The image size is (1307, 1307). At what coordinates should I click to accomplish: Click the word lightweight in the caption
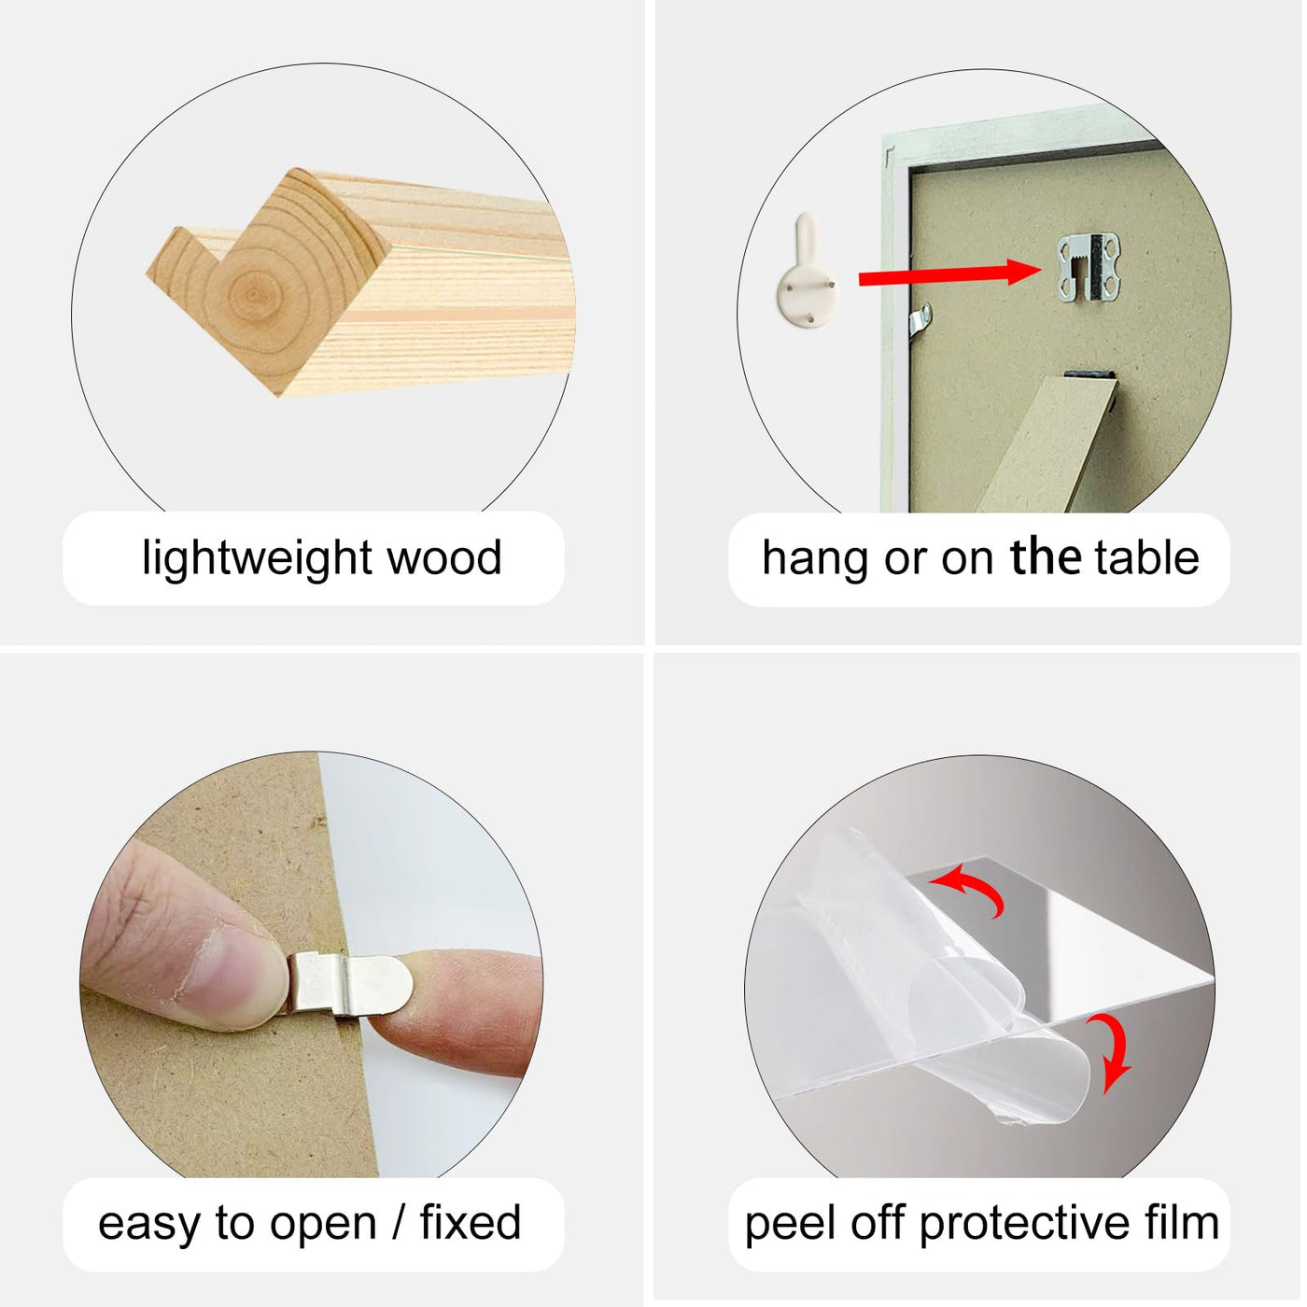coord(256,560)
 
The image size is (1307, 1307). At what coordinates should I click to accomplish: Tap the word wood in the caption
coord(443,558)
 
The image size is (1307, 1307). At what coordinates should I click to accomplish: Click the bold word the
coord(1046,557)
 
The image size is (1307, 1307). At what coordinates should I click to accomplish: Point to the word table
coord(1147,557)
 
